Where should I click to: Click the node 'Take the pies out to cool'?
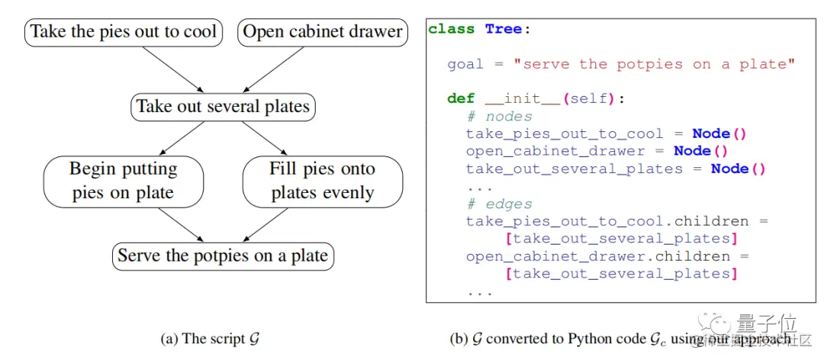point(124,33)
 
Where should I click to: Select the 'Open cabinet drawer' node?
point(322,33)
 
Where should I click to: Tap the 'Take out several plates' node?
point(224,106)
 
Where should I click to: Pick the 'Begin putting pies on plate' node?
point(124,181)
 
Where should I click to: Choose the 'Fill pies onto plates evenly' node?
point(322,181)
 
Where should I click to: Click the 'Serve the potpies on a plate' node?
point(224,256)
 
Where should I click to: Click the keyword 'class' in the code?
point(452,30)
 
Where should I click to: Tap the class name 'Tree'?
point(504,30)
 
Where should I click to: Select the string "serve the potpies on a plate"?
point(654,64)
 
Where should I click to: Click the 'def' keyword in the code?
point(461,99)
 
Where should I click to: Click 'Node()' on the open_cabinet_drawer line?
point(700,151)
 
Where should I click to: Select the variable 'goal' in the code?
point(465,64)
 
